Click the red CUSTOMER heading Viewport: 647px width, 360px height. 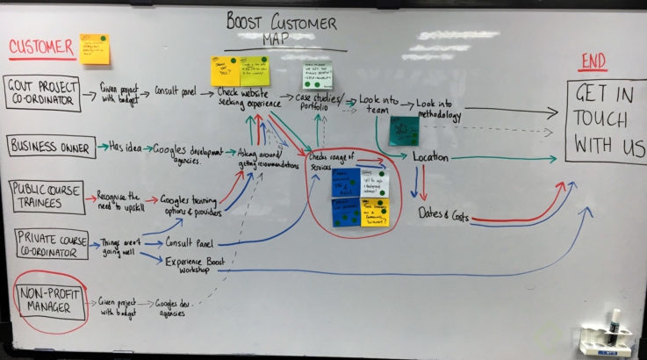(x=42, y=48)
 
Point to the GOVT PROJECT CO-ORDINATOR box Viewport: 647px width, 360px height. (x=43, y=94)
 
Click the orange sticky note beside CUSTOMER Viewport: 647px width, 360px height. (x=95, y=49)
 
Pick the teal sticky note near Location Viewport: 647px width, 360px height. (x=404, y=131)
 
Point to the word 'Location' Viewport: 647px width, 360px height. (x=431, y=158)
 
